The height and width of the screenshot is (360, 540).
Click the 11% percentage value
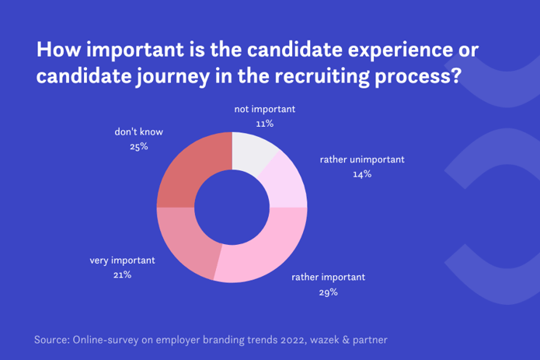(265, 123)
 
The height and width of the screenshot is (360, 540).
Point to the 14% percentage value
(362, 174)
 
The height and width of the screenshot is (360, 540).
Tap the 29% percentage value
(328, 292)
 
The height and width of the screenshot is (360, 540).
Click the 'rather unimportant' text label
(362, 159)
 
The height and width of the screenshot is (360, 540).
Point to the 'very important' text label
(123, 260)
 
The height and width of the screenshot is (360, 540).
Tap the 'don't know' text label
(140, 131)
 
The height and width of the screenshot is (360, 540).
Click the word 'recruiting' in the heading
(311, 78)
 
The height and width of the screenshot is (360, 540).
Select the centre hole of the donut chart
(232, 206)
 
